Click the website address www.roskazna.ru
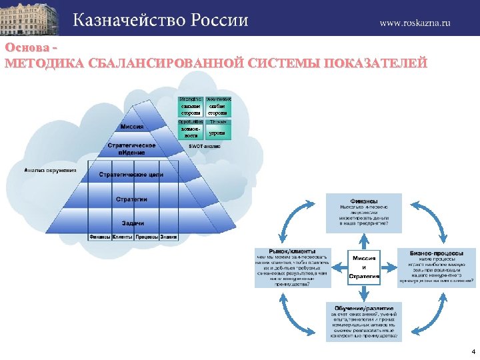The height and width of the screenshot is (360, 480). click(415, 22)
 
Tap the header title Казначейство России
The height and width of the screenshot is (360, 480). click(160, 20)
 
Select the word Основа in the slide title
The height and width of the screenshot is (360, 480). click(25, 48)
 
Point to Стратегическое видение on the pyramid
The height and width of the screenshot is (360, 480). click(132, 149)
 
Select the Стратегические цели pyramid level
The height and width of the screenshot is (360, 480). click(131, 175)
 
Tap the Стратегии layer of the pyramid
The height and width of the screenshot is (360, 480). click(131, 199)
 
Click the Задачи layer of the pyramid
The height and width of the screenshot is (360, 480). click(132, 223)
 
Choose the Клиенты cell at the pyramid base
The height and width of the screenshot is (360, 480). click(122, 237)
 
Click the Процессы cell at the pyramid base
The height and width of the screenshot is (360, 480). click(146, 237)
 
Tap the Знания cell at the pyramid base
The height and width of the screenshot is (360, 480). click(168, 237)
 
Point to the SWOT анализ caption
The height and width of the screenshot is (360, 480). click(205, 145)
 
